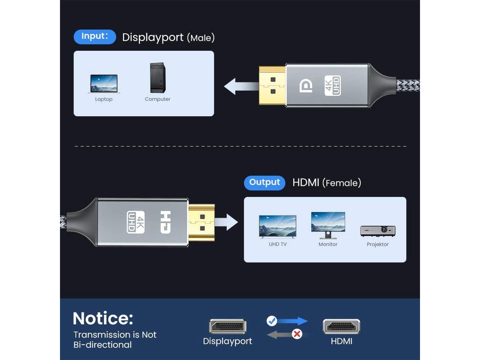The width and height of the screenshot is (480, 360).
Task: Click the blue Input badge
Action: pos(95,37)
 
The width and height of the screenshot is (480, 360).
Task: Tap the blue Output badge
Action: pos(264,183)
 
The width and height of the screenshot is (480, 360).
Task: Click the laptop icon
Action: pos(104,84)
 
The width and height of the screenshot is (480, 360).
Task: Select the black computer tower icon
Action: pos(157,78)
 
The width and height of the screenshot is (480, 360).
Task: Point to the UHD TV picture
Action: pos(277,226)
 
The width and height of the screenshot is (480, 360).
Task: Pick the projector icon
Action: pos(378,231)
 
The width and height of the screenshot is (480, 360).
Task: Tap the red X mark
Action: pos(297,333)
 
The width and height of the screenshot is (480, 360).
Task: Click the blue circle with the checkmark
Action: pos(272,321)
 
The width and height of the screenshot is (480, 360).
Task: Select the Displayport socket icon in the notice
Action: pos(228,326)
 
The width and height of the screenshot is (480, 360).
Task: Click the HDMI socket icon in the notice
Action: pos(341,326)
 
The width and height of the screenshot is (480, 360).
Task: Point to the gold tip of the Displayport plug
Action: pos(272,85)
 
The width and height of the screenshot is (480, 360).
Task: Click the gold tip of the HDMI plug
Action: pos(201,222)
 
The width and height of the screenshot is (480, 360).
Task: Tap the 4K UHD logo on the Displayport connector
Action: pos(333,85)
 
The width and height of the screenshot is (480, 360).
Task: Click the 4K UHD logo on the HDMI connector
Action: pos(135,222)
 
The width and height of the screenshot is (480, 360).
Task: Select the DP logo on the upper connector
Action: pos(306,86)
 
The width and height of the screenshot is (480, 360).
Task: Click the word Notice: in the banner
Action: pos(103,318)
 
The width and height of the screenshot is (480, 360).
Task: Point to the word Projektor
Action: pos(378,244)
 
